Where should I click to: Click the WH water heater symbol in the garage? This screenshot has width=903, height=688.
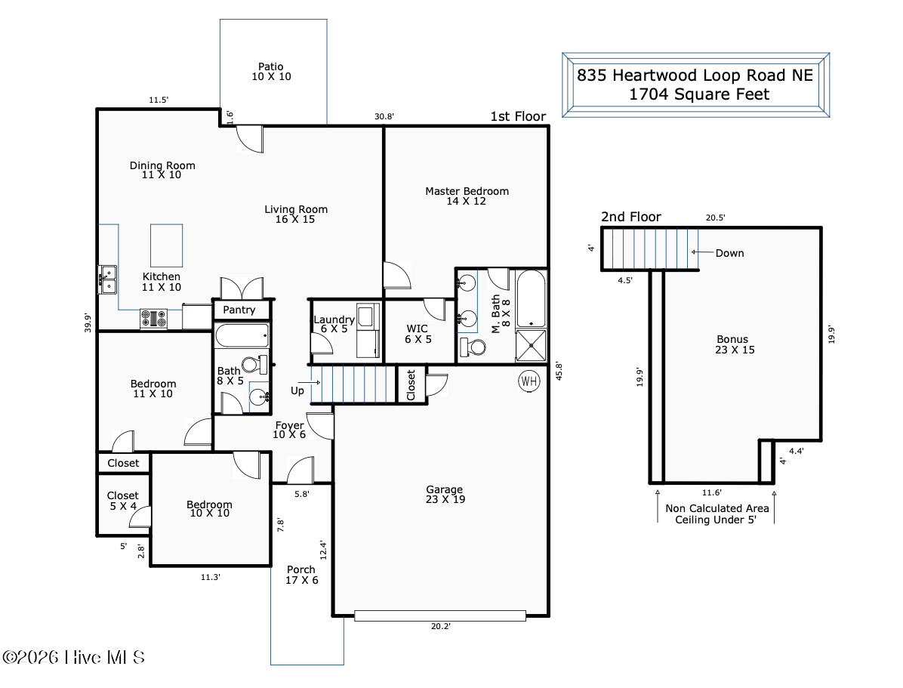click(529, 381)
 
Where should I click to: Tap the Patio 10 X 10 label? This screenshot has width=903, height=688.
click(271, 72)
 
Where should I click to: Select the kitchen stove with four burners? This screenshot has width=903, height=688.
click(154, 319)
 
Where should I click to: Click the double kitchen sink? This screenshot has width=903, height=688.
click(107, 279)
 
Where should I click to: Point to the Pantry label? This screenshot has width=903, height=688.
click(239, 310)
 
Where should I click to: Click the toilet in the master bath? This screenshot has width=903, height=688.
click(473, 347)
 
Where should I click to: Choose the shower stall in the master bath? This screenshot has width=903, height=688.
click(530, 345)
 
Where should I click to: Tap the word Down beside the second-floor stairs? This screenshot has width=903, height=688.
click(729, 253)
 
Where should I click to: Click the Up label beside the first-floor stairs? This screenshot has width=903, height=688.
click(297, 390)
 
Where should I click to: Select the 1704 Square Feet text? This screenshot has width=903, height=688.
click(698, 94)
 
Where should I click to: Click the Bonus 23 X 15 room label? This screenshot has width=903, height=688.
click(735, 344)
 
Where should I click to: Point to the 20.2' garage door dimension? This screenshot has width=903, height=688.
click(441, 626)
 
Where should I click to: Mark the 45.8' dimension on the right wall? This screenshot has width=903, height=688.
click(558, 371)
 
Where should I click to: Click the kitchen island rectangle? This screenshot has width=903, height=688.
click(166, 245)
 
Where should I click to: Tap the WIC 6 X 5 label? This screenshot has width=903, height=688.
click(418, 334)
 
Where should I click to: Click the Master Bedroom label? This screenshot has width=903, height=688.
click(467, 191)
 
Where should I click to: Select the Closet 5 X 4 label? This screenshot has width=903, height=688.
click(122, 501)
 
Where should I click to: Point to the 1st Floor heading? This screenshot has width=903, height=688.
click(518, 116)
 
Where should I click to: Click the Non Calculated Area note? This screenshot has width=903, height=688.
click(717, 508)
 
